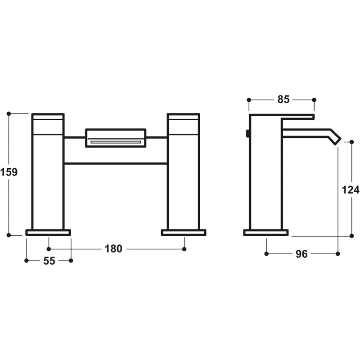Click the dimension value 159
coord(9,172)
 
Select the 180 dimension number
coord(113,248)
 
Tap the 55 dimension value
coord(49,261)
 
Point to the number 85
coord(283,99)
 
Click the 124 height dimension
coord(351,189)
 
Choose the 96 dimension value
coord(301,254)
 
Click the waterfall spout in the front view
coord(116,138)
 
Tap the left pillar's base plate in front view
coord(48,232)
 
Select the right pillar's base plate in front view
coord(184,232)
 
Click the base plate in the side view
coord(266,232)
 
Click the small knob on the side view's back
coord(247,134)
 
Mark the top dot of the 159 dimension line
coord(9,114)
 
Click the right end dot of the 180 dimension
coord(184,248)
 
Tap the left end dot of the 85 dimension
coord(249,99)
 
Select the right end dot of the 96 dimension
coord(337,254)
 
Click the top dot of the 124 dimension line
coord(352,141)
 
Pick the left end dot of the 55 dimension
coord(27,260)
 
